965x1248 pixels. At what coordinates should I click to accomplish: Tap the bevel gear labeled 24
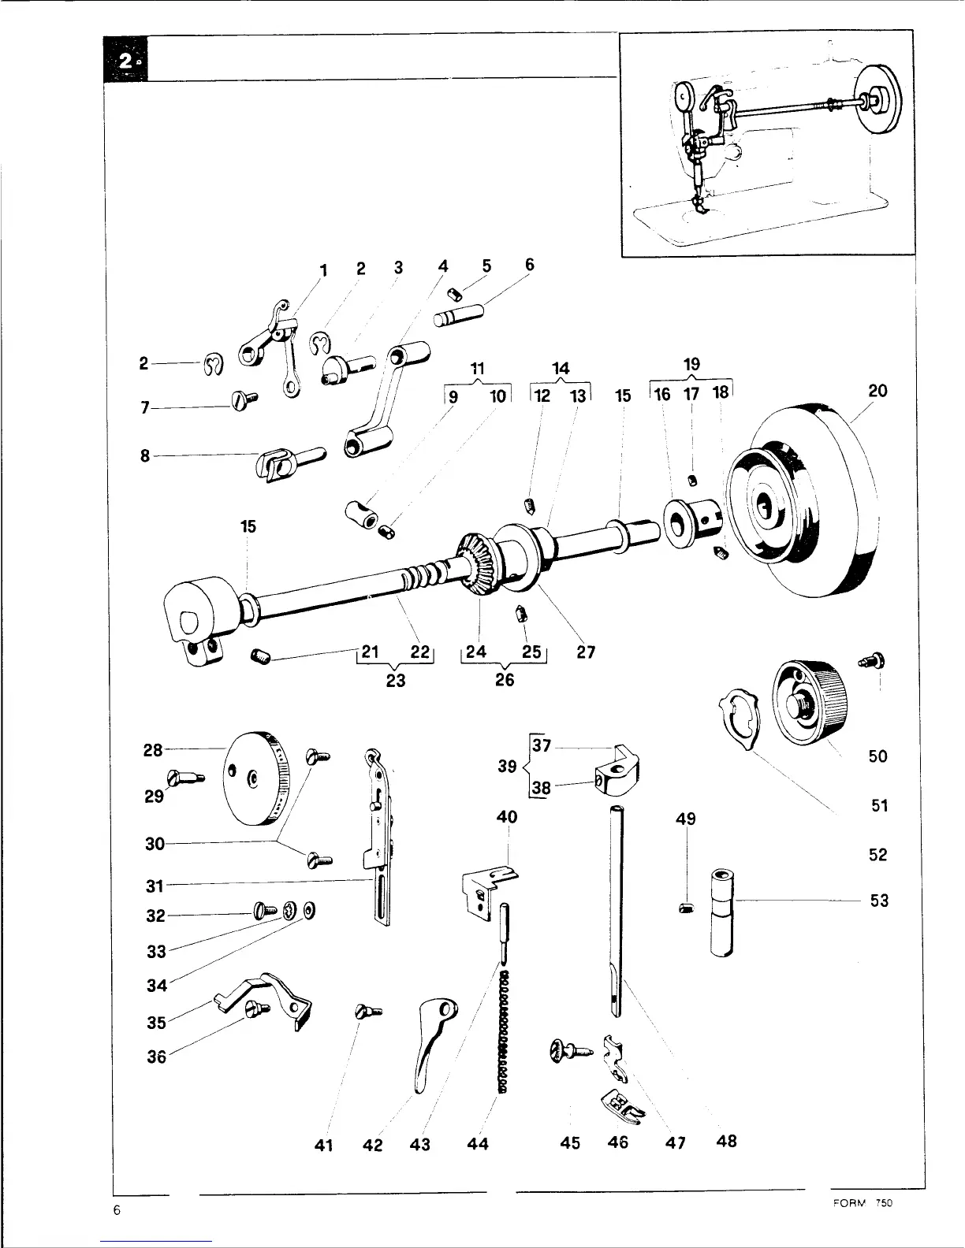click(x=475, y=566)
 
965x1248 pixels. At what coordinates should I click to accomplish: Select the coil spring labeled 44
click(x=503, y=1032)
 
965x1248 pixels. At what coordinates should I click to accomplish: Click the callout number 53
click(x=879, y=900)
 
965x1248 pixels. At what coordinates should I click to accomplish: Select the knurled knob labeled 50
click(x=812, y=701)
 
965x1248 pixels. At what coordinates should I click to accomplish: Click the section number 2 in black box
click(x=126, y=60)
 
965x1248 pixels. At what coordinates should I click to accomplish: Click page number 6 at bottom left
click(x=116, y=1211)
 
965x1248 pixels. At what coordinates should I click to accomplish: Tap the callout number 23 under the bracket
click(x=396, y=680)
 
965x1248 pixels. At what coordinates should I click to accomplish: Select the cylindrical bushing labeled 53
click(x=721, y=912)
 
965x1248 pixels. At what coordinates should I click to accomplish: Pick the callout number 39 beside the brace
click(x=507, y=767)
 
